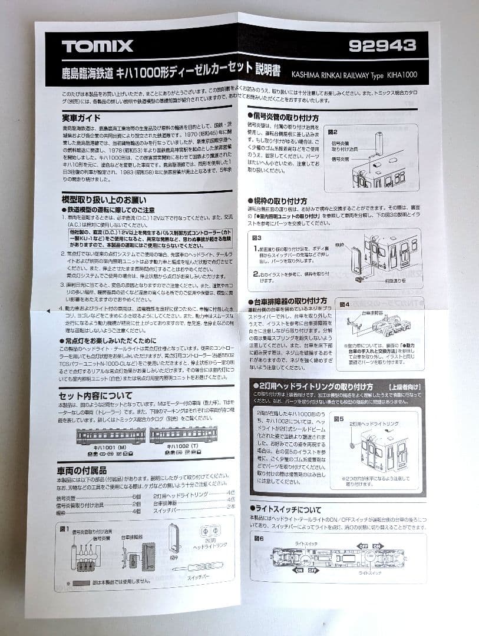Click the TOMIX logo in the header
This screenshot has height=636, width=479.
(x=98, y=46)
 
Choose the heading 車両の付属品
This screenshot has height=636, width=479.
(x=82, y=471)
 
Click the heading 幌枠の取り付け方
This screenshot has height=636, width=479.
(x=283, y=201)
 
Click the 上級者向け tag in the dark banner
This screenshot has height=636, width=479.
(x=404, y=386)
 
